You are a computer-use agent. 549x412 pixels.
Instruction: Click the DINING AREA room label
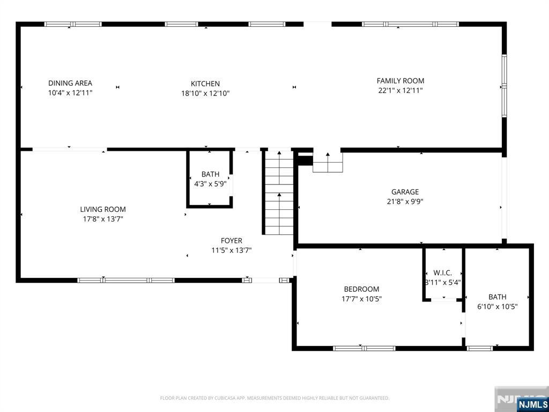pos(70,83)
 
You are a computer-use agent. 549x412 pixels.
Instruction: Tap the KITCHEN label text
pos(205,84)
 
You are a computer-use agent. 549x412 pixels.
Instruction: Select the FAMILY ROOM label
pos(400,80)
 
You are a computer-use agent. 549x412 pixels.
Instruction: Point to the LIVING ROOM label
pos(103,210)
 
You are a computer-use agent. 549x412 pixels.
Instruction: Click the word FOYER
pos(232,241)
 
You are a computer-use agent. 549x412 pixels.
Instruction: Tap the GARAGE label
pos(405,192)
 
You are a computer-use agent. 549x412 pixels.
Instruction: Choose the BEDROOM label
pos(362,289)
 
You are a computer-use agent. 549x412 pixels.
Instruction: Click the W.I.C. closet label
pos(442,273)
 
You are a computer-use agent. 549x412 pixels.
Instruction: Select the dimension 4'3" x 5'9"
pos(210,183)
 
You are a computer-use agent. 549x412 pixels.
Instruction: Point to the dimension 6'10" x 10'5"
pos(498,306)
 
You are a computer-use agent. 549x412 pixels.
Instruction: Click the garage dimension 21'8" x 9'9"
pos(405,202)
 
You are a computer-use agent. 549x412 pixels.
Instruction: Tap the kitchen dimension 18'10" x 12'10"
pos(205,93)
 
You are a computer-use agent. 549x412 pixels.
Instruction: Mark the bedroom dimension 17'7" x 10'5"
pos(362,299)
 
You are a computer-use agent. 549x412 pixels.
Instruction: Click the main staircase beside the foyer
pos(279,193)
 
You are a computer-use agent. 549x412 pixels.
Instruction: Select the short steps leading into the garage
pos(328,163)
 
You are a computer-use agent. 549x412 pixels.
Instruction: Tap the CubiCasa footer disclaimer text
pos(274,398)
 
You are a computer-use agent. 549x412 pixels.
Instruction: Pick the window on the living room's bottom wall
pos(126,280)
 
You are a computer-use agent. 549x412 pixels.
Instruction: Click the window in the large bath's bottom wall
pos(480,348)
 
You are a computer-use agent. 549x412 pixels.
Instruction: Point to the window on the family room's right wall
pos(504,85)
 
